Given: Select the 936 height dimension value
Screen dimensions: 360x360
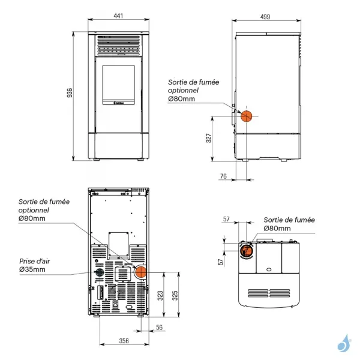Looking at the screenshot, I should pos(70,94).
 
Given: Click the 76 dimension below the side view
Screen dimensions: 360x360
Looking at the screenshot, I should pos(223,176).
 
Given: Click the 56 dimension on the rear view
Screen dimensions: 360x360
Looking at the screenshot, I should pos(160,327).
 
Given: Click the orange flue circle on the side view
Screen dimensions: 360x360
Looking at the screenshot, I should pos(246,115).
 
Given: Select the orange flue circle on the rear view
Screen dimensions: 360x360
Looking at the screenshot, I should pos(140,272).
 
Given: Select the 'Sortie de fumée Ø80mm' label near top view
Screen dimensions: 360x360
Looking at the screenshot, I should pos(289,224).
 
